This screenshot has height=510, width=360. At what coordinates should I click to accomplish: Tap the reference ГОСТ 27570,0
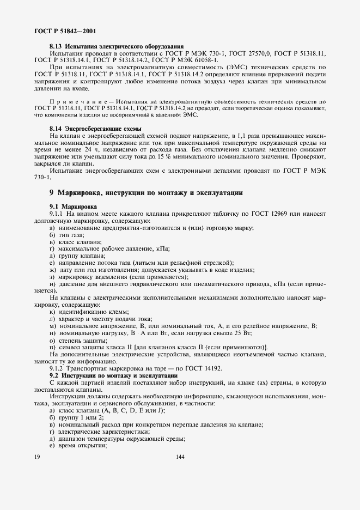(251, 54)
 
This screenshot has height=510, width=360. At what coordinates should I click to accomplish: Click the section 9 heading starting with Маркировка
(146, 193)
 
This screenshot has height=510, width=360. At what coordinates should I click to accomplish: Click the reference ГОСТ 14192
(205, 369)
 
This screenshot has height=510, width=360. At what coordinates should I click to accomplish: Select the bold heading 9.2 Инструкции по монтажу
(113, 376)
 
